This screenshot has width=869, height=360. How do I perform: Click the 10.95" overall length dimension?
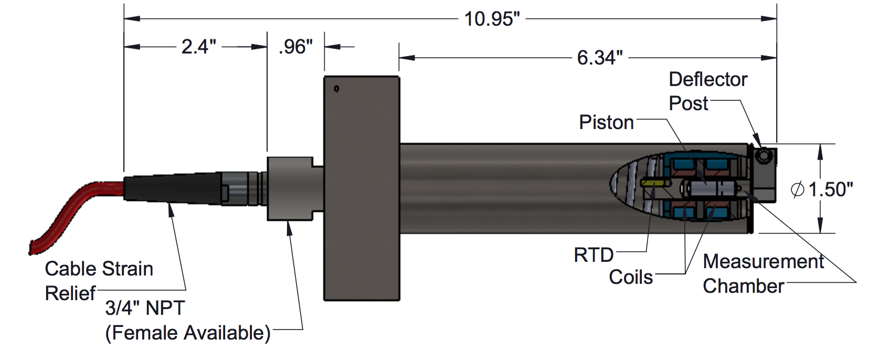coord(492,19)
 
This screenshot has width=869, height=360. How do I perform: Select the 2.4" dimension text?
coord(198,47)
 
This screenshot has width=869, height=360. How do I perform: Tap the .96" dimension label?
coord(295,47)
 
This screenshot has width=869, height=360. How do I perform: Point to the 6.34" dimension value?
coord(600,58)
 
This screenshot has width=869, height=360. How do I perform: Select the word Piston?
coord(606,122)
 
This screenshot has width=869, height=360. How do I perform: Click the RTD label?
coord(594,255)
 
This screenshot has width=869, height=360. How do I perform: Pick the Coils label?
coord(631,277)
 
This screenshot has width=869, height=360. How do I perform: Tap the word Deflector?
coord(707,79)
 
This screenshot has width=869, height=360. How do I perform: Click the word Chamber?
coord(743,286)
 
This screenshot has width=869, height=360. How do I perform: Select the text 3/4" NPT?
coord(145,308)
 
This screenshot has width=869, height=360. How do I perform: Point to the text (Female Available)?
coord(187,333)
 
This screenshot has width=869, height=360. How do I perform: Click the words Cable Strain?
coord(99,269)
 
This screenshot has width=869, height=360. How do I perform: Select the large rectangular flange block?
coord(361,189)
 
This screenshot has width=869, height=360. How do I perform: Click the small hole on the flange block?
coord(336,89)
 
